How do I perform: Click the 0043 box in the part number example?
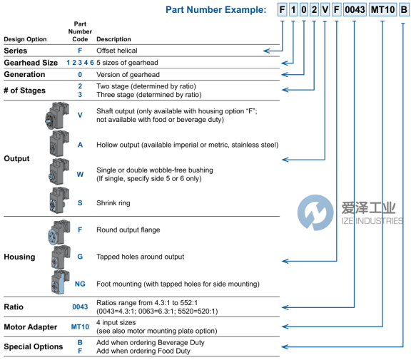click(x=355, y=10)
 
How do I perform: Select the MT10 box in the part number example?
click(x=382, y=10)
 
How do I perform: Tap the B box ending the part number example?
click(x=404, y=10)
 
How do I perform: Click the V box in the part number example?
click(x=325, y=10)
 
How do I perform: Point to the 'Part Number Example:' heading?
click(x=215, y=10)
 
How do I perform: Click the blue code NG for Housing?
click(x=80, y=284)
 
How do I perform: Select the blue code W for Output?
click(x=80, y=175)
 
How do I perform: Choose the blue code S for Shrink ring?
click(x=80, y=203)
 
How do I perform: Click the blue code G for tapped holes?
click(x=80, y=257)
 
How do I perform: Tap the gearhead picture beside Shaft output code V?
click(x=57, y=115)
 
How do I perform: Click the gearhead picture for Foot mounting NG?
click(x=60, y=282)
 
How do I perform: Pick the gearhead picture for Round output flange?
click(x=59, y=232)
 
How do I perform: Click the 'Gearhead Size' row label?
click(x=31, y=63)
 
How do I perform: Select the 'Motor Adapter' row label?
click(x=31, y=327)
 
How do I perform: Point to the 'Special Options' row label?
click(x=34, y=346)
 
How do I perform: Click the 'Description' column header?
click(x=113, y=39)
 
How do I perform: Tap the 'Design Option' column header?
click(x=25, y=39)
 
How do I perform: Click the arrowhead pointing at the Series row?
click(x=266, y=51)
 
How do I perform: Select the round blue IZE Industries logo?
click(x=315, y=212)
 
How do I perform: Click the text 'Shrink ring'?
click(x=113, y=203)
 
